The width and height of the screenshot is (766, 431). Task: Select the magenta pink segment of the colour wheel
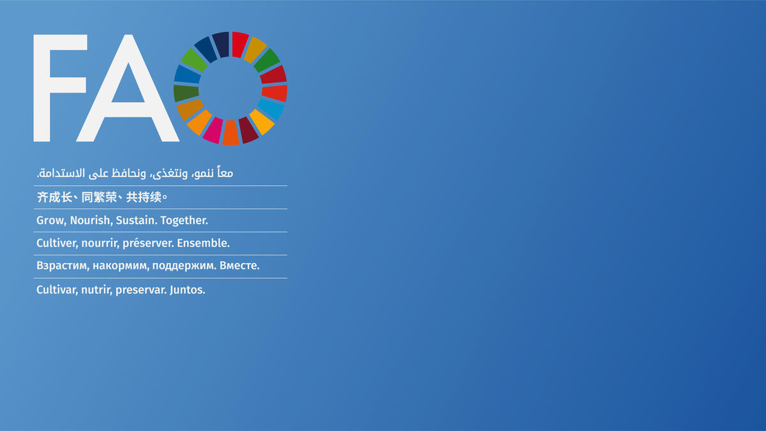[x=213, y=130]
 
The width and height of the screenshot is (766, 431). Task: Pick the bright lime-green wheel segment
[x=194, y=59]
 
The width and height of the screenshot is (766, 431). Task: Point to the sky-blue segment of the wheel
[x=271, y=109]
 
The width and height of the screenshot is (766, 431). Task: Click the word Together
[x=184, y=220]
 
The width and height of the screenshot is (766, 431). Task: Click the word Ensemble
[x=203, y=243]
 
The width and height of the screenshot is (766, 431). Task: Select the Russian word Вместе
[x=239, y=266]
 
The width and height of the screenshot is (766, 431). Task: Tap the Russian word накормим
[x=120, y=266]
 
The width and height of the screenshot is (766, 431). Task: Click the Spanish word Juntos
[x=188, y=290]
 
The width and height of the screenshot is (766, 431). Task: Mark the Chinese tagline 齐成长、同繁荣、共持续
[x=102, y=197]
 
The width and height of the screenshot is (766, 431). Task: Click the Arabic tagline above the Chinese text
[x=135, y=173]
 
